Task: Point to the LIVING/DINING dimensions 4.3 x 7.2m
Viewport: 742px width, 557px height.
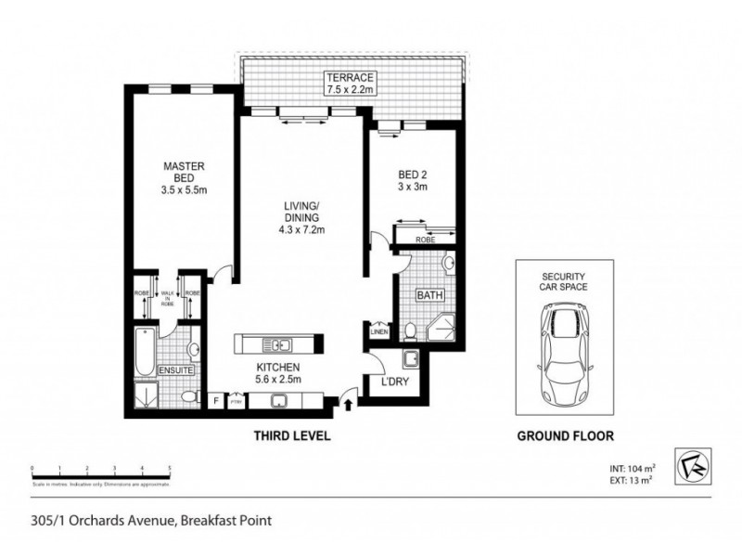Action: click(302, 229)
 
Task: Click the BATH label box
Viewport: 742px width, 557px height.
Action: click(429, 296)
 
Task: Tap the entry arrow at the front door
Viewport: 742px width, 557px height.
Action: click(348, 403)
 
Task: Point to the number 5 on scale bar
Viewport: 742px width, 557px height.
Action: click(170, 470)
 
